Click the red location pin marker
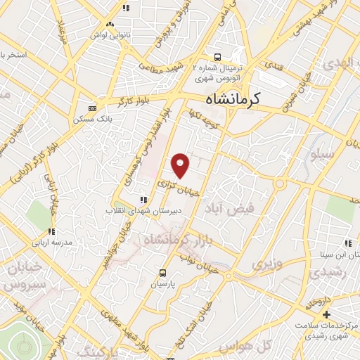181,165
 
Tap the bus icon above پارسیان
163,274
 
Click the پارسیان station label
163,286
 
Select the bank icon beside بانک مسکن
92,108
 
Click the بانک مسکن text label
93,120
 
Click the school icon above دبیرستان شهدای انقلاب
144,199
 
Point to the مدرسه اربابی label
51,242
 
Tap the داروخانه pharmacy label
318,302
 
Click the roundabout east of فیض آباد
279,184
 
